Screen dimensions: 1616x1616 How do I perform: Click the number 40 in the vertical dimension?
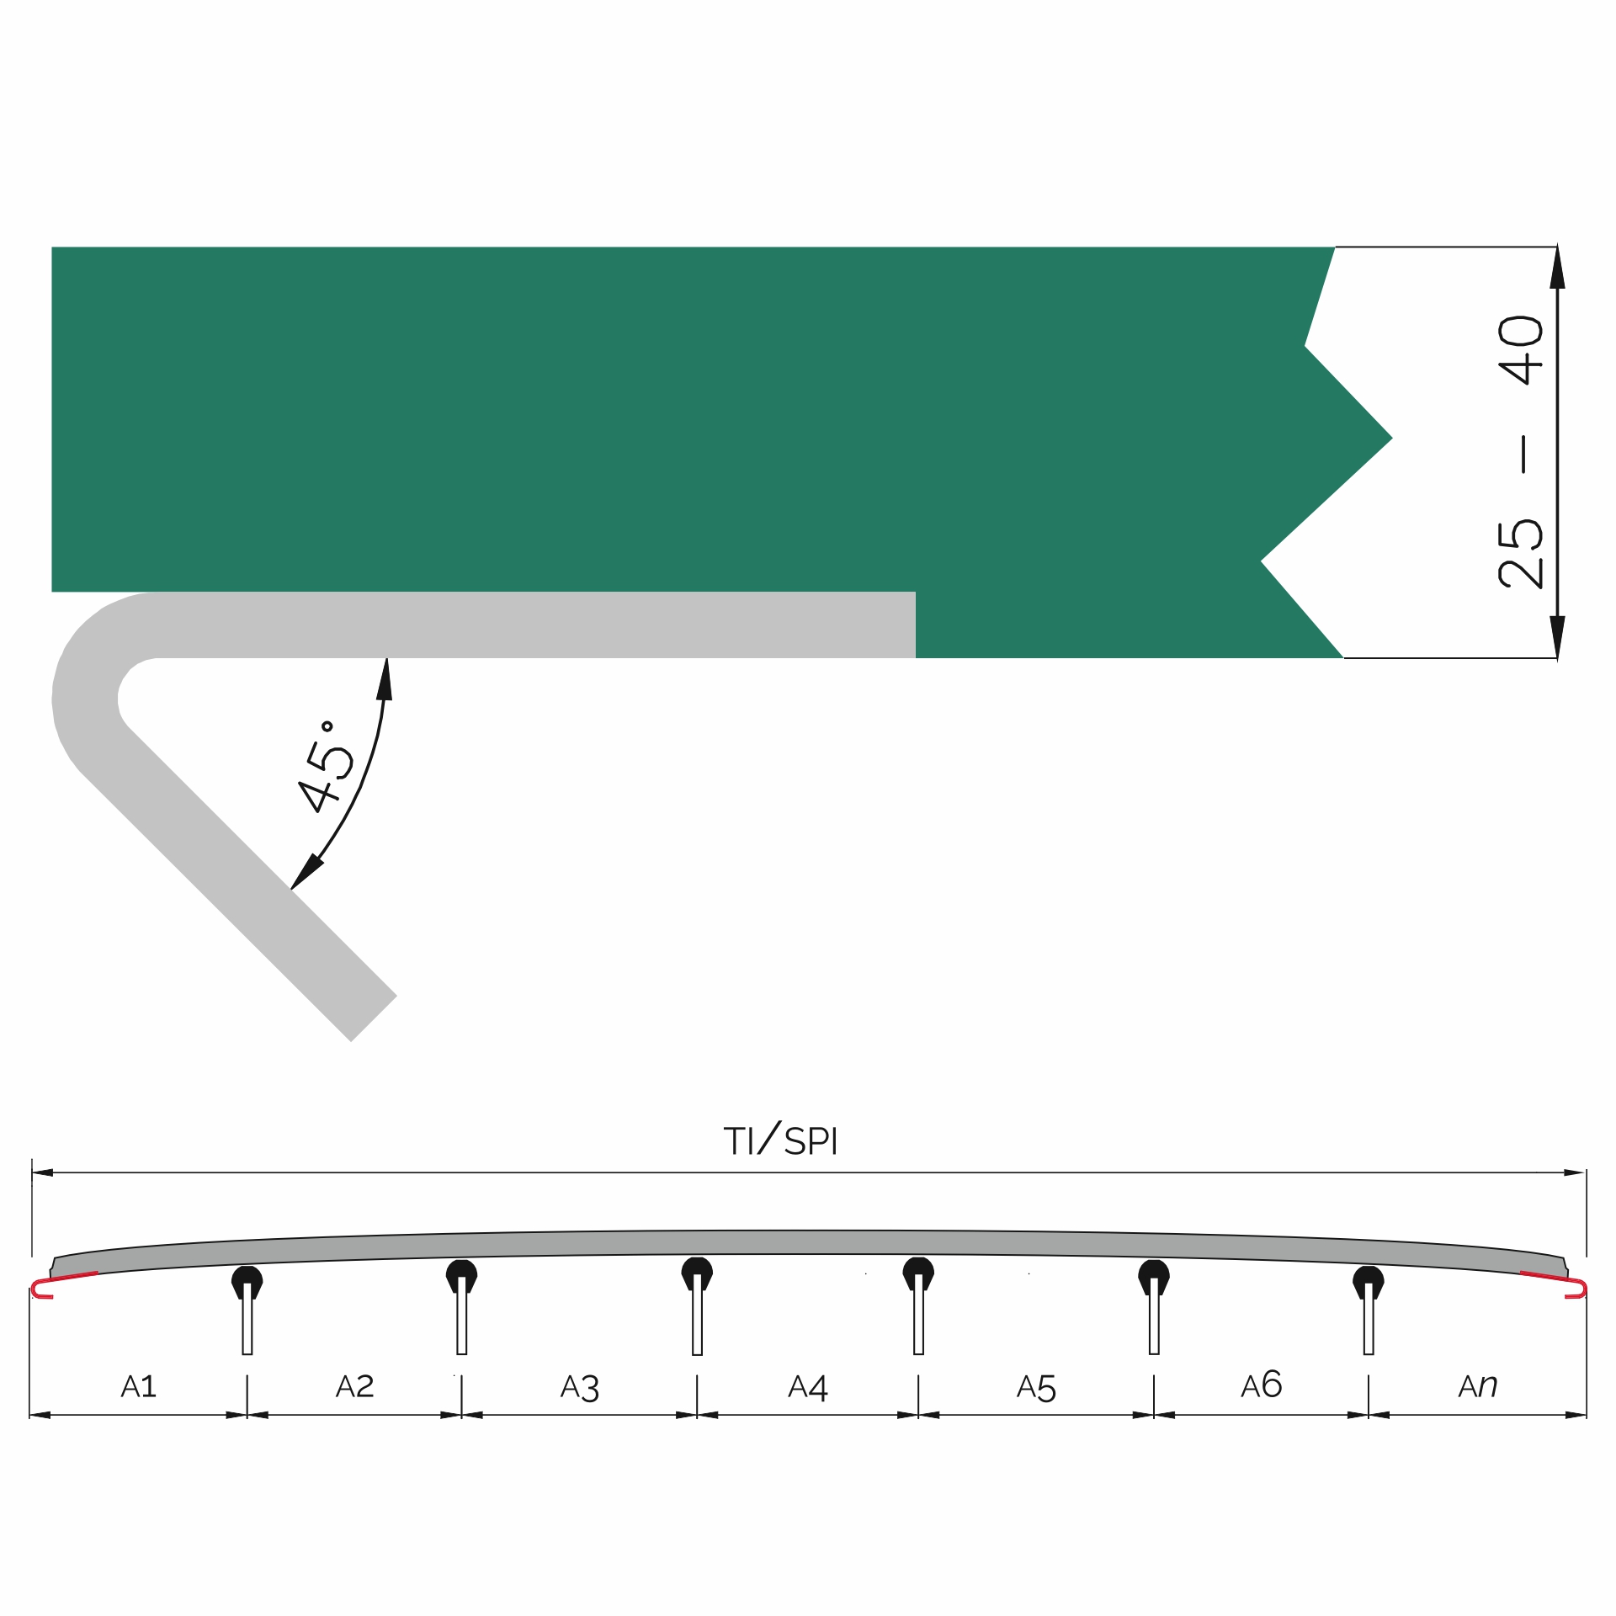[1521, 349]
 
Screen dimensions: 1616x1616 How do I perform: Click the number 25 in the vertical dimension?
[1521, 553]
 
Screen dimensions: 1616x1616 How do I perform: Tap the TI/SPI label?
[780, 1140]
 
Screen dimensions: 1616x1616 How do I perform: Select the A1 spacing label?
[139, 1386]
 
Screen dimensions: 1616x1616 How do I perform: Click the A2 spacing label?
[354, 1386]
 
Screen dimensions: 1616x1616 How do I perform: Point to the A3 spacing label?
[580, 1388]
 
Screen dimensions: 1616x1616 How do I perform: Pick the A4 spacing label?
[808, 1387]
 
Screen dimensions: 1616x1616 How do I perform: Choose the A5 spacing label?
[1036, 1388]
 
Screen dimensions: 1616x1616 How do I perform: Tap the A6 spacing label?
[1262, 1385]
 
